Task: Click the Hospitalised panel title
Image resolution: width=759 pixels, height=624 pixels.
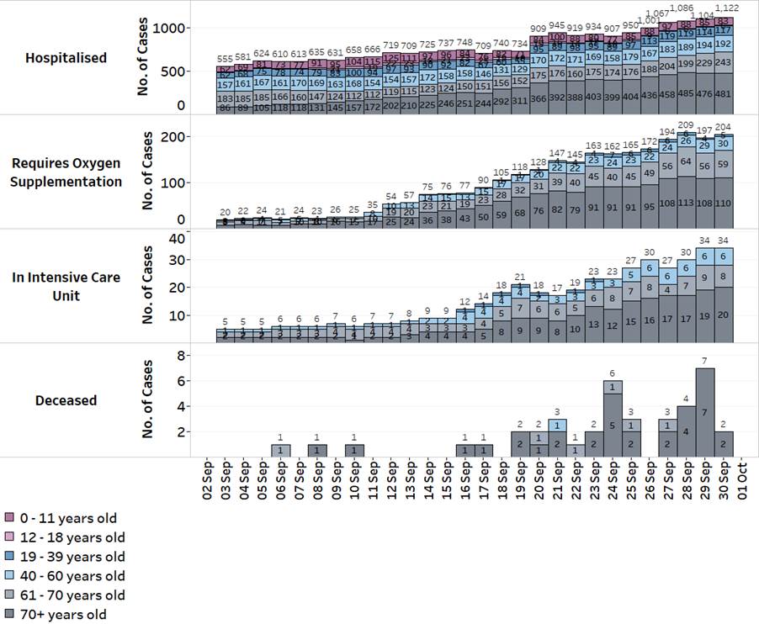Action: pyautogui.click(x=66, y=58)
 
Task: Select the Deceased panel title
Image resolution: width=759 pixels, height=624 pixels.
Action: pyautogui.click(x=66, y=400)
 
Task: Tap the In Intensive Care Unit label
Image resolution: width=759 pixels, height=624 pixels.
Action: pyautogui.click(x=66, y=286)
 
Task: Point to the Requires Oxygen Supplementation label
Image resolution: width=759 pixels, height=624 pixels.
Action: pyautogui.click(x=66, y=172)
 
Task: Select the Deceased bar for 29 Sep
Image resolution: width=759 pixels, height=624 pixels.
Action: pyautogui.click(x=706, y=412)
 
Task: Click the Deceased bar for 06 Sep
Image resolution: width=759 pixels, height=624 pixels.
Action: pyautogui.click(x=282, y=450)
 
